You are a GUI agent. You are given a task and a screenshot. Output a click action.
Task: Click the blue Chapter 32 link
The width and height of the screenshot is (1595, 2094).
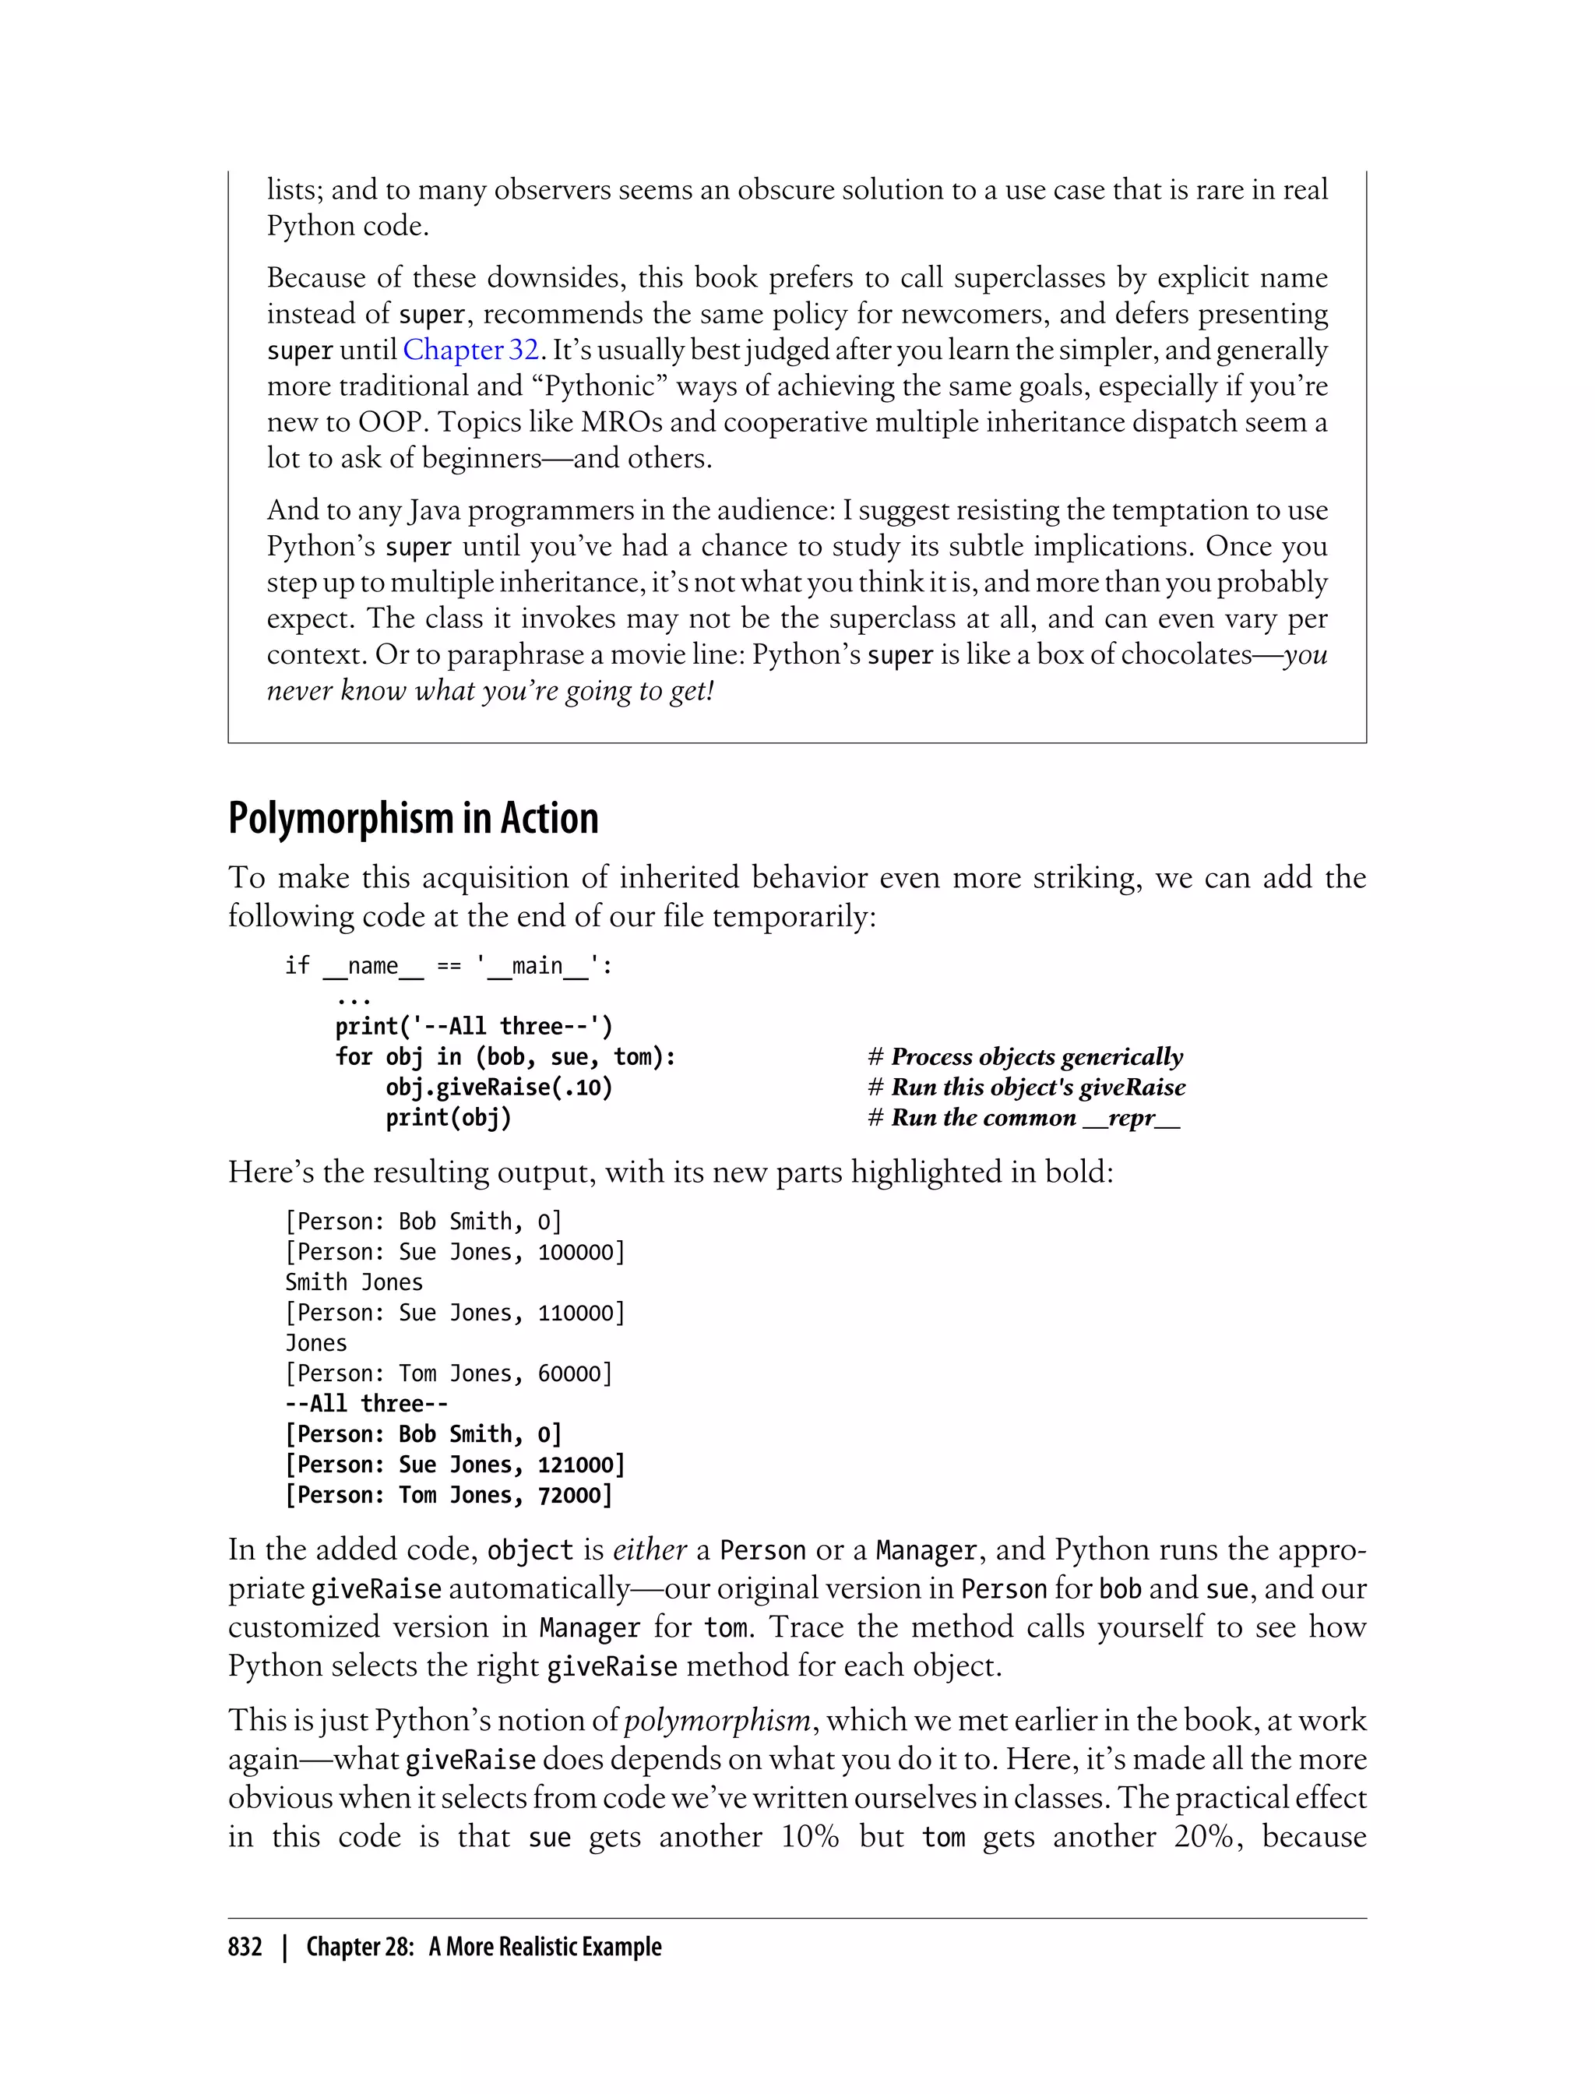[x=471, y=351]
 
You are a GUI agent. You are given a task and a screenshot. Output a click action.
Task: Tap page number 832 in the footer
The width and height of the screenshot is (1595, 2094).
[x=245, y=1946]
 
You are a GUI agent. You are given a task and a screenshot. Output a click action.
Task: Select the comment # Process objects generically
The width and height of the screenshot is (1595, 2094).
[x=1026, y=1057]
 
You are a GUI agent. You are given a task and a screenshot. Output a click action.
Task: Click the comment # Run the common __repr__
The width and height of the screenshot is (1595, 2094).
[x=1023, y=1118]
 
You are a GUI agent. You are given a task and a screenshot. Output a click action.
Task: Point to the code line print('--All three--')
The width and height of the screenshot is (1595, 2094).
[x=474, y=1027]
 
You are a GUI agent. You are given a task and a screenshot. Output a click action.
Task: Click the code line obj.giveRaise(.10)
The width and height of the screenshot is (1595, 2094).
[x=498, y=1088]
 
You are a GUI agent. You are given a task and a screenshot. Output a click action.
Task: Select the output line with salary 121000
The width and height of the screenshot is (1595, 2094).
[x=455, y=1465]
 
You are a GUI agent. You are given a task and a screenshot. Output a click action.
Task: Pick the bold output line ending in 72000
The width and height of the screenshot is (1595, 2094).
[x=448, y=1495]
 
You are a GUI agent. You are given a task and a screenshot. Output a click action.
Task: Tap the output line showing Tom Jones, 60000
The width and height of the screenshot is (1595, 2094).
[x=448, y=1373]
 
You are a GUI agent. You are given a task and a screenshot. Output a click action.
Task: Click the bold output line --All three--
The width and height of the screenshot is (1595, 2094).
[x=367, y=1404]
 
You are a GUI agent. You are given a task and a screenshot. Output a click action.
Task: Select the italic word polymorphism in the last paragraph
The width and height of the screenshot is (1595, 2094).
[x=717, y=1720]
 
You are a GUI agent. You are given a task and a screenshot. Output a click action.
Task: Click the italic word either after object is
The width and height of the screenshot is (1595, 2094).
[x=650, y=1549]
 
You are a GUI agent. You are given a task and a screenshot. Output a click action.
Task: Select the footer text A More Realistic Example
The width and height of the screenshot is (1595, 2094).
[x=544, y=1946]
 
